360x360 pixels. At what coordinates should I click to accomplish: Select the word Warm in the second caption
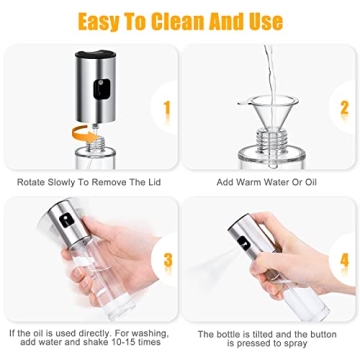tap(260, 184)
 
